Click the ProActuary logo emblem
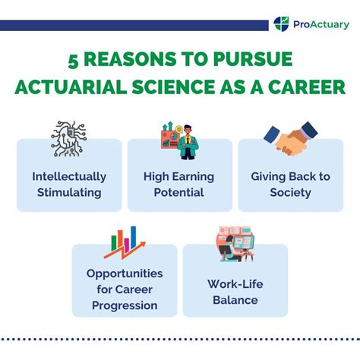(x=281, y=24)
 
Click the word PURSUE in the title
(x=253, y=59)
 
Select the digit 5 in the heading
(x=73, y=61)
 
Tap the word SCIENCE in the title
(x=173, y=87)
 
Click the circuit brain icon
(x=69, y=139)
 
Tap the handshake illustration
(x=291, y=139)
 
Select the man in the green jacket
(x=188, y=142)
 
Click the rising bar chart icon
(x=125, y=243)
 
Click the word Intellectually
(x=69, y=177)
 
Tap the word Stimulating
(x=69, y=193)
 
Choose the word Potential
(x=178, y=192)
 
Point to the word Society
(x=290, y=193)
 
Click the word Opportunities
(x=125, y=273)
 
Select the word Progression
(x=125, y=305)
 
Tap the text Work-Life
(x=235, y=284)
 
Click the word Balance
(x=235, y=300)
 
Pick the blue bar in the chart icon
(x=133, y=237)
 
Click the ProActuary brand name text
(x=321, y=24)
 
